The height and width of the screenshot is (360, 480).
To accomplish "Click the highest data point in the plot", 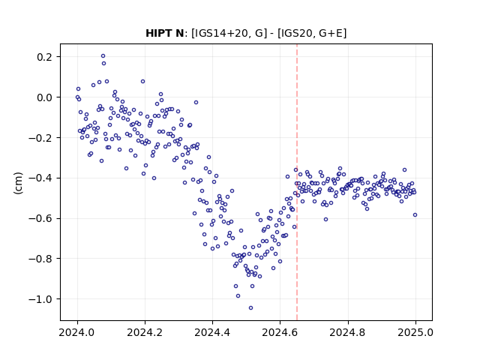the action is [103, 56].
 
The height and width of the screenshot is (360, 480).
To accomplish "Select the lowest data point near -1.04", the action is [250, 308].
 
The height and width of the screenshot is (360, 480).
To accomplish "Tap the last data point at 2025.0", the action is [415, 215].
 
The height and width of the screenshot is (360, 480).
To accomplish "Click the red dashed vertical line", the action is [297, 182].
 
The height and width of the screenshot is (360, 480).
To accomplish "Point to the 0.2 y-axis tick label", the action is [45, 57].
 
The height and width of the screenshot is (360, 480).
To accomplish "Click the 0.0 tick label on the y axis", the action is [45, 97].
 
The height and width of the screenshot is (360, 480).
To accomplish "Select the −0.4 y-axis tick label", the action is [40, 178].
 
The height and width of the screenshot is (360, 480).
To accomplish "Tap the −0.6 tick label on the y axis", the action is [40, 218].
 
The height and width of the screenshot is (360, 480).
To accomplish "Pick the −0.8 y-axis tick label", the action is [40, 259].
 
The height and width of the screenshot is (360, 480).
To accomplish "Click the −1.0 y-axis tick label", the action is [40, 299].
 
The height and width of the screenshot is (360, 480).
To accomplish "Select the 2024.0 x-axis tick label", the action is [77, 332].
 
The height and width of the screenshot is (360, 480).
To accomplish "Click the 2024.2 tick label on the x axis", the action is [145, 332].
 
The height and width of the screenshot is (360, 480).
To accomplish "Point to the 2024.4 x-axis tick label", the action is [212, 332].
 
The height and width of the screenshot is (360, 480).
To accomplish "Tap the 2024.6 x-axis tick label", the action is [280, 332].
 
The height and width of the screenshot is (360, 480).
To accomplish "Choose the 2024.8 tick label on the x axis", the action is [348, 332].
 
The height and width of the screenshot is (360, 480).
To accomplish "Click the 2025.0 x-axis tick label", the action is [415, 332].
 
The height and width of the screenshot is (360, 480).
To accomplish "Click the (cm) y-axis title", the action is [18, 183].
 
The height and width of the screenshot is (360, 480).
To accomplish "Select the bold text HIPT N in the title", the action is [164, 33].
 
